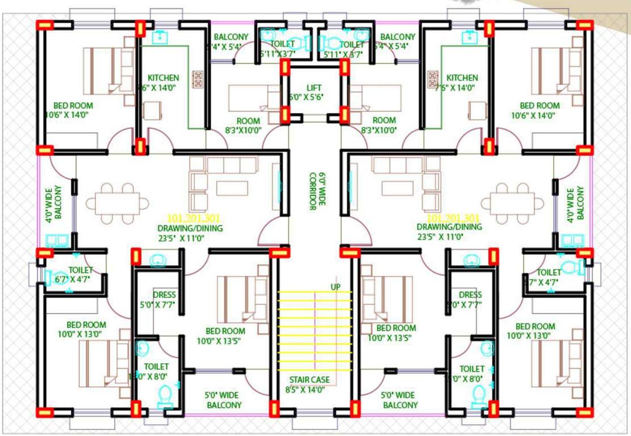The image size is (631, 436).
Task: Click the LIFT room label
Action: pos(314,88)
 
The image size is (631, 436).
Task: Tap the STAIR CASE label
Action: pos(308,380)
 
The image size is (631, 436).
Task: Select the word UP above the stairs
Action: pos(336,287)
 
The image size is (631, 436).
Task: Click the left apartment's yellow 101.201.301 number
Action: pos(194,218)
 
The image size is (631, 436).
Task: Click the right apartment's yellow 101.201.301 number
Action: pos(453,218)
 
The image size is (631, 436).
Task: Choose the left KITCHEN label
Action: pos(163,78)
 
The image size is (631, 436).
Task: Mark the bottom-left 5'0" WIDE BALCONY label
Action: pos(223,395)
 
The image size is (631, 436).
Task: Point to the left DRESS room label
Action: pos(164,295)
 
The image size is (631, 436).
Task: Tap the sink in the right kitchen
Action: pos(469,37)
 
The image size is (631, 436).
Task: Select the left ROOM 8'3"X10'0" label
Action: pos(248,121)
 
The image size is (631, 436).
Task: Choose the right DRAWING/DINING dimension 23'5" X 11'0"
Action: pos(449,237)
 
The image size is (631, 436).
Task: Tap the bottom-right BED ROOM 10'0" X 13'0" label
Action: pos(535,326)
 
